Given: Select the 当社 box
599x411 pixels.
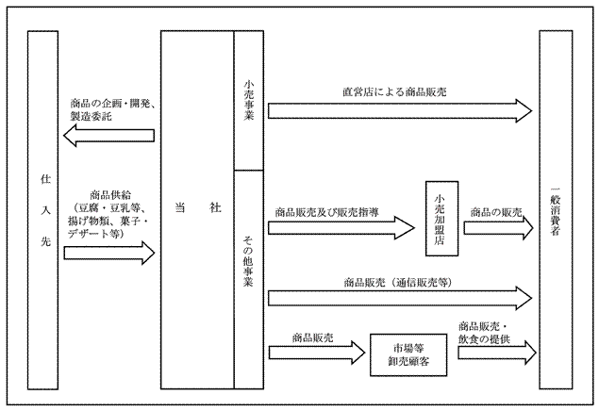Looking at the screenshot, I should tap(196, 208).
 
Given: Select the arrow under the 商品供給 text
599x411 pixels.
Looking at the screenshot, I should tap(108, 253).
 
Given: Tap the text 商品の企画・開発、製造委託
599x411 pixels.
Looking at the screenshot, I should tap(114, 109).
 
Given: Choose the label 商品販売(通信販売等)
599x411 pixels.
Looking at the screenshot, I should tap(400, 280).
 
